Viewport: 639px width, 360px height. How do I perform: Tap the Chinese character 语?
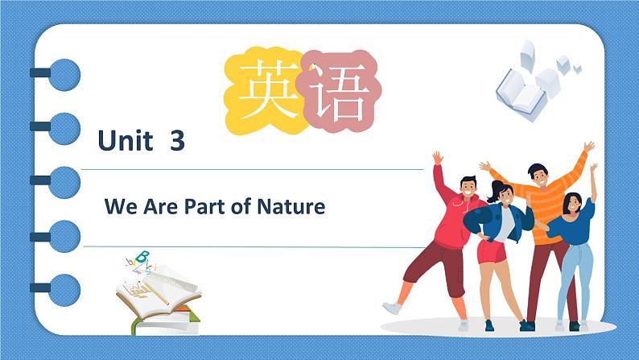click(337, 95)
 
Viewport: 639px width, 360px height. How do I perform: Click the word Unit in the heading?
click(125, 142)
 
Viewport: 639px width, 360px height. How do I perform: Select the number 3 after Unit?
click(178, 142)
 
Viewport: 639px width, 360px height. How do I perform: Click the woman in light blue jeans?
click(575, 250)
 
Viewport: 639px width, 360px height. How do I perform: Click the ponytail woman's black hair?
click(500, 188)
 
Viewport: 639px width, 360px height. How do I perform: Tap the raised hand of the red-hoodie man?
click(437, 157)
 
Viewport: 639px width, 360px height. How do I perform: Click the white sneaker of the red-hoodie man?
click(392, 308)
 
